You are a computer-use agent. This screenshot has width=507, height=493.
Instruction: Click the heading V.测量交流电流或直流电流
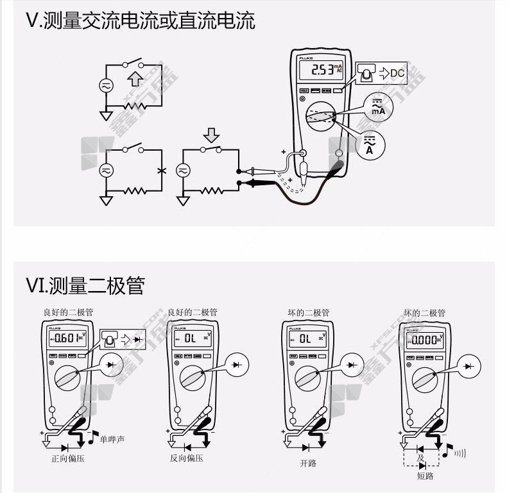click(x=141, y=21)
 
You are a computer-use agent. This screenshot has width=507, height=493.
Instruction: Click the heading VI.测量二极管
click(x=85, y=285)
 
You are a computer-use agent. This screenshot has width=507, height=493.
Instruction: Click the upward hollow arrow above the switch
click(x=134, y=79)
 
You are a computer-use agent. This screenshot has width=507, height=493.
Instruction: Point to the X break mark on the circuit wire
click(x=160, y=171)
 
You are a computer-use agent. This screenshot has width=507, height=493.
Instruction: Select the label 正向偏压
click(x=68, y=459)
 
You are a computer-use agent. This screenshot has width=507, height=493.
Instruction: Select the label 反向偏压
click(x=187, y=459)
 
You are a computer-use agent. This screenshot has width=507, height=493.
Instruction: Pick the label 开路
click(x=308, y=464)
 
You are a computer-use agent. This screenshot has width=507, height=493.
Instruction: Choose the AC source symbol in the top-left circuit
click(x=105, y=85)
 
